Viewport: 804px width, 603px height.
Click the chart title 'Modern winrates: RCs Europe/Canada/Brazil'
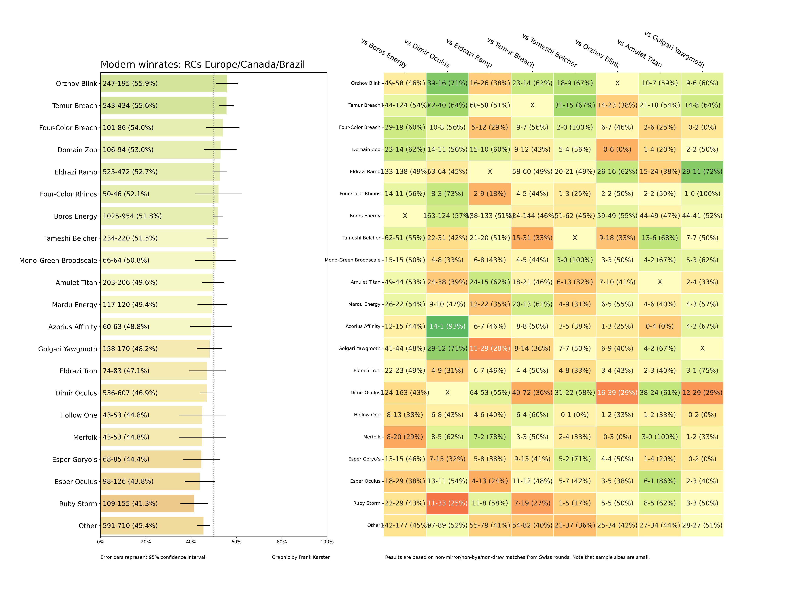[x=202, y=65]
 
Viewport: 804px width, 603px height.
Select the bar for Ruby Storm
[x=147, y=503]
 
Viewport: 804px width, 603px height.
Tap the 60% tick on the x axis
[x=236, y=542]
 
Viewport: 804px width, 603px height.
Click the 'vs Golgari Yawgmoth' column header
[x=674, y=49]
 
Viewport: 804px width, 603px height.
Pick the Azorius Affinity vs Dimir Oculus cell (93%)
[x=447, y=326]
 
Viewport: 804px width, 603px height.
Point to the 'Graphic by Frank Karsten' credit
[x=301, y=557]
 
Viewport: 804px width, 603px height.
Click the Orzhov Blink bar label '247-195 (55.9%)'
[x=130, y=84]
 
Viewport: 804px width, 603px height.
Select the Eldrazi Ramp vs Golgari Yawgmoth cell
[x=702, y=172]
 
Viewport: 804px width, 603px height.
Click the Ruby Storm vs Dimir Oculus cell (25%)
[x=447, y=503]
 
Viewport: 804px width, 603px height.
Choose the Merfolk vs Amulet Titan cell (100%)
[x=660, y=437]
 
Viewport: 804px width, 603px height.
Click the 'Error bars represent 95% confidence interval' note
[x=153, y=557]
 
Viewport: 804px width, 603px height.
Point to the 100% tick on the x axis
[x=327, y=542]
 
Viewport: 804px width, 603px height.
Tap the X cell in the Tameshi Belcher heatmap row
[x=575, y=238]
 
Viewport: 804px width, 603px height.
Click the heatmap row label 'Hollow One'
[x=367, y=415]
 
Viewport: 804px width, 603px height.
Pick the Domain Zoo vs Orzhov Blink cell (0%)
[x=617, y=149]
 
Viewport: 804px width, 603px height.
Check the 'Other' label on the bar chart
[x=88, y=526]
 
